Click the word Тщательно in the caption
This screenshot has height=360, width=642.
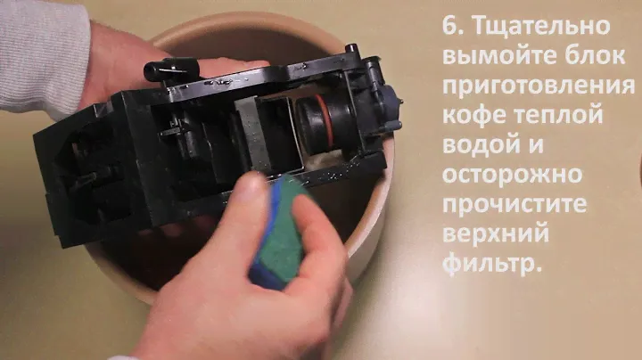pos(542,26)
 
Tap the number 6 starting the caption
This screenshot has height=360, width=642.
pos(454,25)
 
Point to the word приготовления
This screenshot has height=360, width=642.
pos(539,86)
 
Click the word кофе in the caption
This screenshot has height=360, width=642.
pos(473,115)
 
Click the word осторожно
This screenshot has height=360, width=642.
pos(512,175)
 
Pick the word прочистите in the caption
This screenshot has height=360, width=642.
pos(514,205)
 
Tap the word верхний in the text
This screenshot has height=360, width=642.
pos(496,234)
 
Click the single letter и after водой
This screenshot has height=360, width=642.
pos(536,145)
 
